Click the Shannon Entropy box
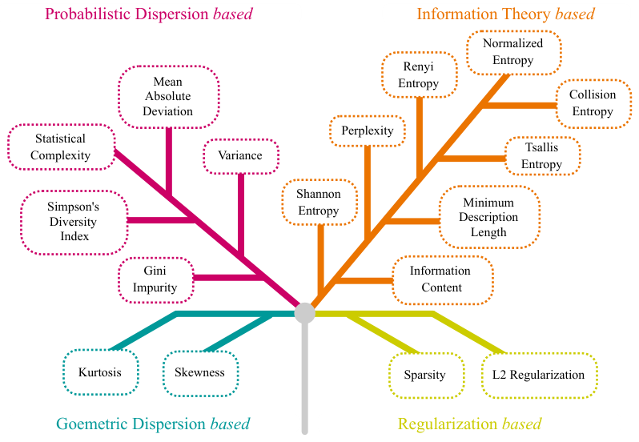click(319, 202)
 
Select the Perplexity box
click(368, 131)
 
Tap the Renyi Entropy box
click(420, 74)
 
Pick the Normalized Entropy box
click(513, 53)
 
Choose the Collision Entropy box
click(593, 103)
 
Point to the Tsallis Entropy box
click(542, 156)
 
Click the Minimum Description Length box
click(489, 217)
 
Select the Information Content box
click(443, 280)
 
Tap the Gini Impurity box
click(155, 280)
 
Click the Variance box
click(241, 156)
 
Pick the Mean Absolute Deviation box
click(169, 97)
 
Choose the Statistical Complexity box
click(62, 147)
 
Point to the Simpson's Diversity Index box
click(74, 223)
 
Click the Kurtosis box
click(101, 372)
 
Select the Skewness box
click(200, 373)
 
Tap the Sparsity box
click(426, 376)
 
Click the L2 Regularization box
click(540, 376)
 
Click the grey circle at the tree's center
click(305, 313)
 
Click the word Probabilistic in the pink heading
click(88, 14)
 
